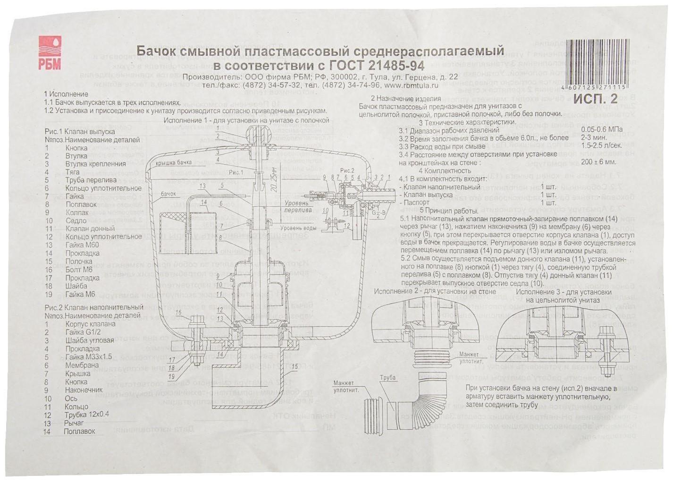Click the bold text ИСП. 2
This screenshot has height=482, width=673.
click(596, 99)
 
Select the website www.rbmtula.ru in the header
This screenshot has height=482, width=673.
click(411, 85)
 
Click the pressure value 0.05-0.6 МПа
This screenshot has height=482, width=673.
click(602, 130)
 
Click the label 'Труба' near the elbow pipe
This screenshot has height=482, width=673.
click(387, 378)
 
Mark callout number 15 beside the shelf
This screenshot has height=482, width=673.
click(294, 366)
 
